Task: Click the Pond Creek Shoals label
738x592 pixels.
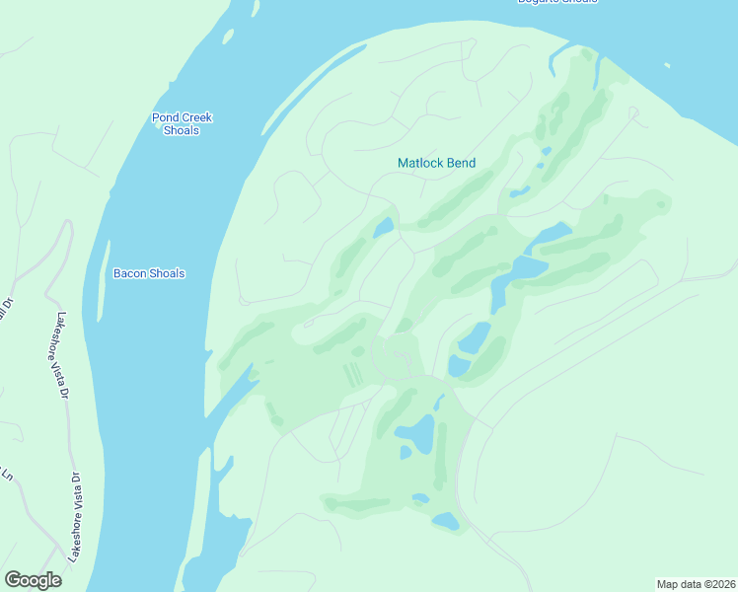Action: coord(182,124)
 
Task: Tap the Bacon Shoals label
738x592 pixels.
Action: coord(149,273)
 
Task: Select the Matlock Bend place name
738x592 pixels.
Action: coord(436,163)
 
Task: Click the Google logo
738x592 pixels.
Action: coord(33,580)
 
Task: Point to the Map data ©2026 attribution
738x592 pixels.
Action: coord(696,583)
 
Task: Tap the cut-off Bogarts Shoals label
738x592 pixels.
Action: coord(556,2)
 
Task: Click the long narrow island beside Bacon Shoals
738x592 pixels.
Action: coord(102,281)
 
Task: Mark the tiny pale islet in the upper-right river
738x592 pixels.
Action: coord(668,66)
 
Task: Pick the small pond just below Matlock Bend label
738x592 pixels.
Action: coord(384,228)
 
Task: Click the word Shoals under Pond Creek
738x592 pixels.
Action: coord(182,130)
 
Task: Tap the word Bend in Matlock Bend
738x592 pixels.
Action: coord(461,163)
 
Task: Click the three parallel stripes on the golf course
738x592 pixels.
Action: coord(351,375)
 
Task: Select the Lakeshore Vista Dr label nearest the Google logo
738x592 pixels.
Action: coord(74,518)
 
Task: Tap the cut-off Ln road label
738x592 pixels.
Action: coord(7,475)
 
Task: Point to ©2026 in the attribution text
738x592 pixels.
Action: coord(717,583)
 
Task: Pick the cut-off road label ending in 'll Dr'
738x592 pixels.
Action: coord(5,312)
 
